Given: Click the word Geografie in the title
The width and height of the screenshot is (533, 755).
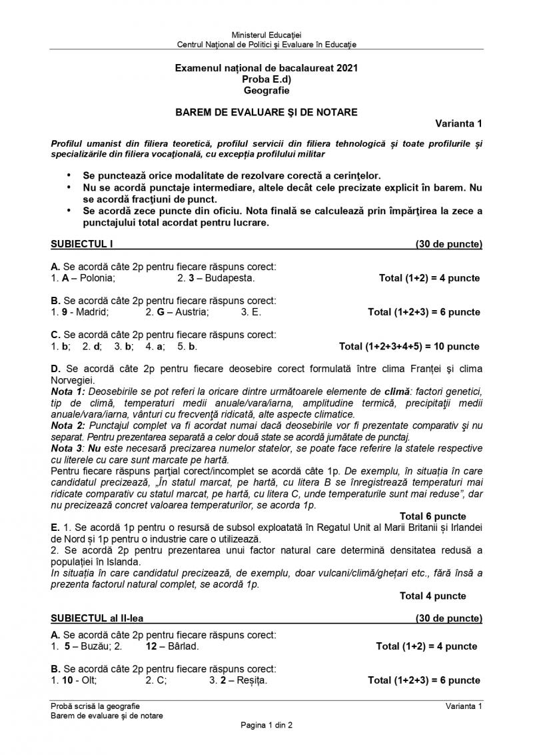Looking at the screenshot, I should pos(266,91).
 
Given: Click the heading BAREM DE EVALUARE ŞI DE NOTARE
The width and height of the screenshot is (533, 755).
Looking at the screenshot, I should pos(266,112).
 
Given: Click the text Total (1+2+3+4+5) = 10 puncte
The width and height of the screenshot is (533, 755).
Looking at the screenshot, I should pos(409,346).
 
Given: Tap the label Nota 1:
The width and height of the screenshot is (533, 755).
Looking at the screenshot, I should pos(68,390).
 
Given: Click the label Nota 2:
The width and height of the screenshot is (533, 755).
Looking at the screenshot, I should pos(68,424).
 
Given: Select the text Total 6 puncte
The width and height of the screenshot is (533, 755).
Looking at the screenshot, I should pos(432,516).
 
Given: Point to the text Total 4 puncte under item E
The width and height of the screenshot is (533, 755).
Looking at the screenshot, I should pos(432,596).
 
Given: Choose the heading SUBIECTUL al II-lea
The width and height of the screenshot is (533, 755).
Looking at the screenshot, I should pos(93,618).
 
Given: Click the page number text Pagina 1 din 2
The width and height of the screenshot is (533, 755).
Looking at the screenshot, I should pos(266,726).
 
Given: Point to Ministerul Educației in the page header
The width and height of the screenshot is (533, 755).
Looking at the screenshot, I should pos(266,34).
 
